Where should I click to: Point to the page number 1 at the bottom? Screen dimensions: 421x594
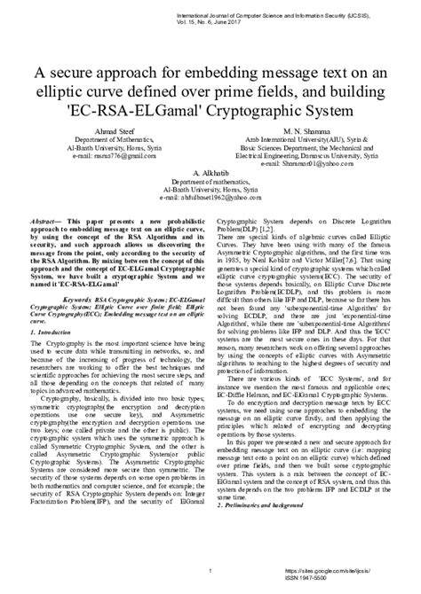207,571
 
